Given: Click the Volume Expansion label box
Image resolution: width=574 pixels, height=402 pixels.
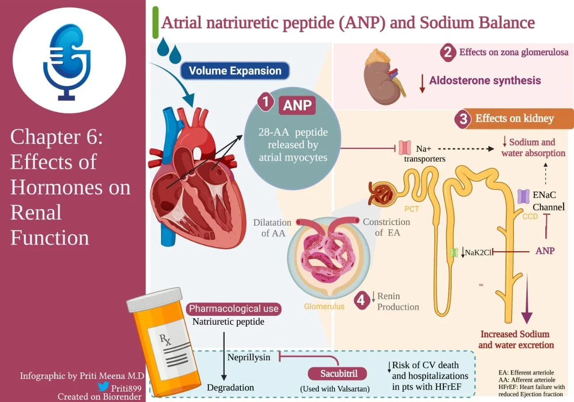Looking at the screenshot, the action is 235,71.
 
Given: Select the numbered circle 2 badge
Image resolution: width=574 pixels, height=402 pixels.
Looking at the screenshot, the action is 448,53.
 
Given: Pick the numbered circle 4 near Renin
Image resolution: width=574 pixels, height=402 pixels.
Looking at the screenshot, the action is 362,301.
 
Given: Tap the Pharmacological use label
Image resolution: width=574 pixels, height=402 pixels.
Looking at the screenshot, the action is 234,309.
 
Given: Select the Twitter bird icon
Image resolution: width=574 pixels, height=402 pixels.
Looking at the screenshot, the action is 103,386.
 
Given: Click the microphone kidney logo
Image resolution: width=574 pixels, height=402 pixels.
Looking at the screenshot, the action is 69,61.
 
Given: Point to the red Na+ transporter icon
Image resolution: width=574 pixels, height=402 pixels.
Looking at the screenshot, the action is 405,148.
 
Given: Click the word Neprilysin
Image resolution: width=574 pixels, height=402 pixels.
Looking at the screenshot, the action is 249,357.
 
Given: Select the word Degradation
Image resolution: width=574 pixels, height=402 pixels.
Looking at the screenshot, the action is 230,388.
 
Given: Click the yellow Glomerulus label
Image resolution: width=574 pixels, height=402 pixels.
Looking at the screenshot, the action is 324,307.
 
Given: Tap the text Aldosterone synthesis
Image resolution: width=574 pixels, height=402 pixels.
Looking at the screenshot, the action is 485,81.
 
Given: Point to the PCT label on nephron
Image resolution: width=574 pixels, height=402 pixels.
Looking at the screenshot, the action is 411,209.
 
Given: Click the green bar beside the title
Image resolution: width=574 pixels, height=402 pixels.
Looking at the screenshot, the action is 155,22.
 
